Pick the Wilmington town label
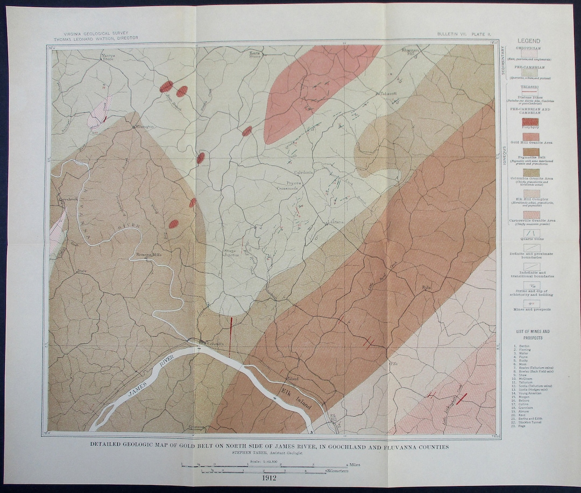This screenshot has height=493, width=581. click(x=144, y=127)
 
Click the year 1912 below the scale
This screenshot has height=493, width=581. click(x=270, y=477)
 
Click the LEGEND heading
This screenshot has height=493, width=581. click(x=529, y=41)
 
